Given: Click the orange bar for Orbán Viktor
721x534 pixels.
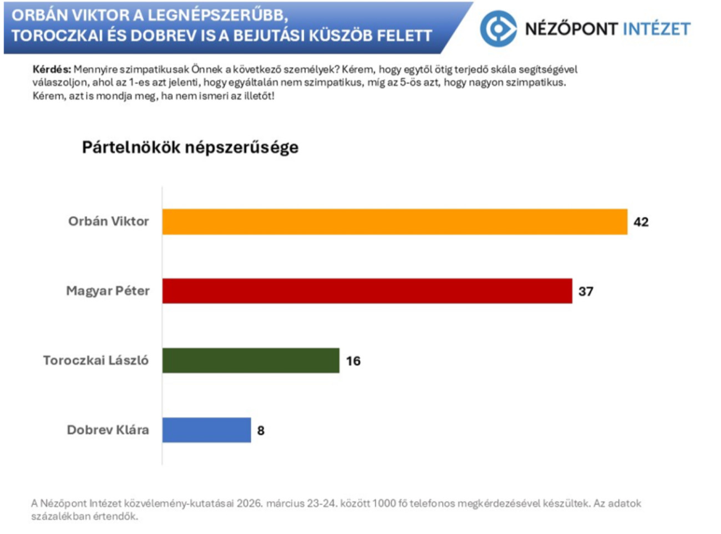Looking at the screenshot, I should pyautogui.click(x=394, y=221).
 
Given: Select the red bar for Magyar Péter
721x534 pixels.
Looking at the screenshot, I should pyautogui.click(x=367, y=291).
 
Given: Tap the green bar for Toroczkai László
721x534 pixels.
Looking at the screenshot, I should pyautogui.click(x=251, y=361).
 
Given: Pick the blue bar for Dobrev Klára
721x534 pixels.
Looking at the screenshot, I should pyautogui.click(x=206, y=430).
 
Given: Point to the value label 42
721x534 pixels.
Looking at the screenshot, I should pyautogui.click(x=641, y=222).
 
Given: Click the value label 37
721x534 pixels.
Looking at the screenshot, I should pyautogui.click(x=586, y=291).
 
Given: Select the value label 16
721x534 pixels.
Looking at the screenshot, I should pyautogui.click(x=353, y=361).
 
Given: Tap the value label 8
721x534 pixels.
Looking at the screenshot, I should pyautogui.click(x=261, y=431).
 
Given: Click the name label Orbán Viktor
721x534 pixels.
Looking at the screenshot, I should pyautogui.click(x=109, y=221).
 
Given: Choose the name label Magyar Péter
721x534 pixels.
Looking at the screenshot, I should pyautogui.click(x=108, y=291).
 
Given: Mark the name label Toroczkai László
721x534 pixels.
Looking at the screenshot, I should pyautogui.click(x=96, y=361).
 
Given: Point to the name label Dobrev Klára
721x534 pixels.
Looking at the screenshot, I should pyautogui.click(x=108, y=430).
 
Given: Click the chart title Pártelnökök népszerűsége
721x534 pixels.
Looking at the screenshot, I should pyautogui.click(x=190, y=147).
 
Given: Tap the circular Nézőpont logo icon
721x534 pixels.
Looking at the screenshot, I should pyautogui.click(x=497, y=29).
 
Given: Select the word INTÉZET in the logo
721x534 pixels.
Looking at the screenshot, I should pyautogui.click(x=657, y=29).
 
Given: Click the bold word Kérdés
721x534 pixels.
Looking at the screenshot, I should pyautogui.click(x=52, y=70).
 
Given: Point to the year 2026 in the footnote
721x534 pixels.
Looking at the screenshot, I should pyautogui.click(x=250, y=503).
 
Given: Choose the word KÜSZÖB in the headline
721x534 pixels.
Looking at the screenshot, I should pyautogui.click(x=341, y=36).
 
